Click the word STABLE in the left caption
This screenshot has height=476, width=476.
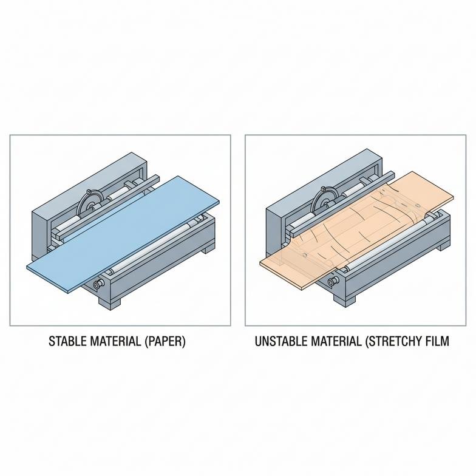pyautogui.click(x=67, y=341)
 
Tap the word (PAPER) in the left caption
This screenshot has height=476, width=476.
pyautogui.click(x=165, y=341)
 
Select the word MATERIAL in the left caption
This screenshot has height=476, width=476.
pyautogui.click(x=115, y=341)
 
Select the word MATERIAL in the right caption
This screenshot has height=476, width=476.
pyautogui.click(x=335, y=341)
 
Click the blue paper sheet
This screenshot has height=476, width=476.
pyautogui.click(x=123, y=234)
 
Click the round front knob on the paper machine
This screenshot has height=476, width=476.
pyautogui.click(x=98, y=284)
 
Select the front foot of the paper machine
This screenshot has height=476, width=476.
pyautogui.click(x=109, y=302)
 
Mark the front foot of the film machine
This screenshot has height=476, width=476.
pyautogui.click(x=345, y=298)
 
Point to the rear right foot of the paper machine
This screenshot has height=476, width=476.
pyautogui.click(x=209, y=249)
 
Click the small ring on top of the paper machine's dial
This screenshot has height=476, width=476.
pyautogui.click(x=89, y=192)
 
